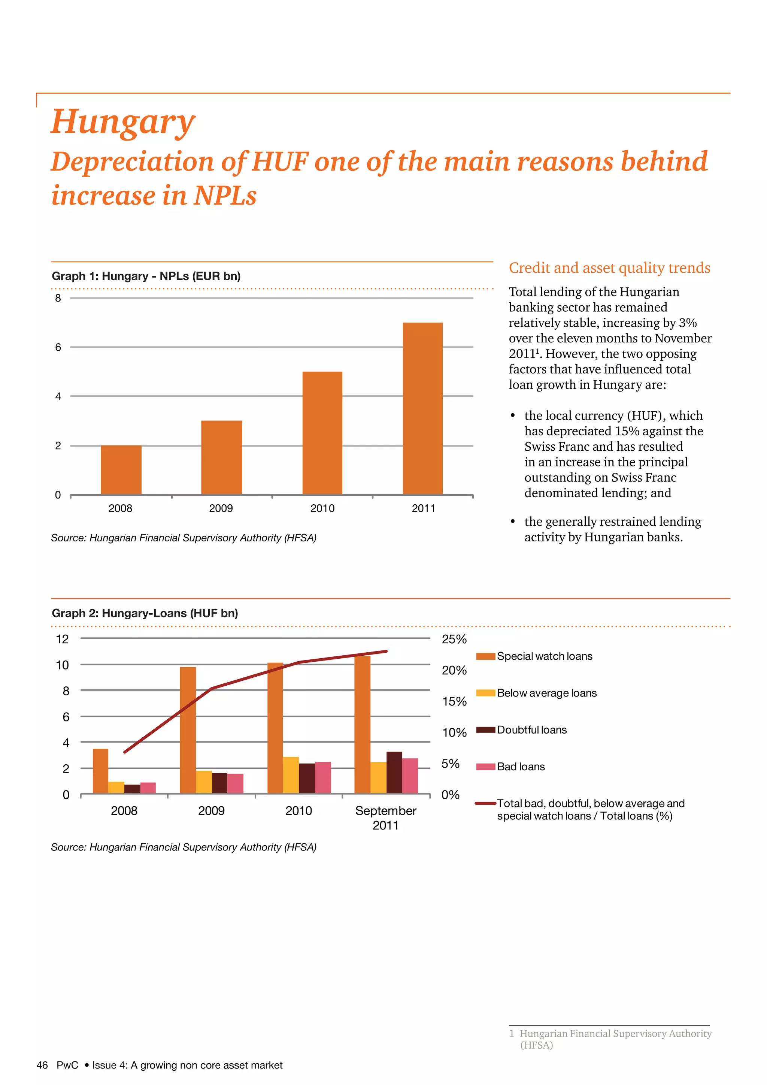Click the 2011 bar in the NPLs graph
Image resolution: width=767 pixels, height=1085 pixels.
423,409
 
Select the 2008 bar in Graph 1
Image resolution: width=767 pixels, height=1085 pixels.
121,470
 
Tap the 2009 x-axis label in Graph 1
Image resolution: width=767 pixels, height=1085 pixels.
221,508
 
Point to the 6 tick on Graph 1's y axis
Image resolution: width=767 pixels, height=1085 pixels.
58,347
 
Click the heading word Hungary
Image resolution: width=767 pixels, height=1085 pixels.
122,121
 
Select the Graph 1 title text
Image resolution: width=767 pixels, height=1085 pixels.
146,276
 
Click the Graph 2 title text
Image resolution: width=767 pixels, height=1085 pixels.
145,613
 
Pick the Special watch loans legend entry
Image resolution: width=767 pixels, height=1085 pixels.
544,656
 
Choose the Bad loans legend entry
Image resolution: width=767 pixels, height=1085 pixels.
521,767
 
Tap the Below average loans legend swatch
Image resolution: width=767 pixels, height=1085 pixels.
485,693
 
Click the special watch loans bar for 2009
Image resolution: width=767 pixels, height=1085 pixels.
188,730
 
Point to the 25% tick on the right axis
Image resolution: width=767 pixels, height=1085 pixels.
454,640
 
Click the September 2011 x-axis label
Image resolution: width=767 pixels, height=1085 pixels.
385,817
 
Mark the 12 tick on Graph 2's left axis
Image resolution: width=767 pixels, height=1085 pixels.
62,640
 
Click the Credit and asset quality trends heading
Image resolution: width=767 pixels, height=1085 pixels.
609,268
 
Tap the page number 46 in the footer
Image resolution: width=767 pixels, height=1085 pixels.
42,1065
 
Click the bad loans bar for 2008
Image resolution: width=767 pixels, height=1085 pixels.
148,788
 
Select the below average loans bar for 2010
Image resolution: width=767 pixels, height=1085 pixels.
291,775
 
